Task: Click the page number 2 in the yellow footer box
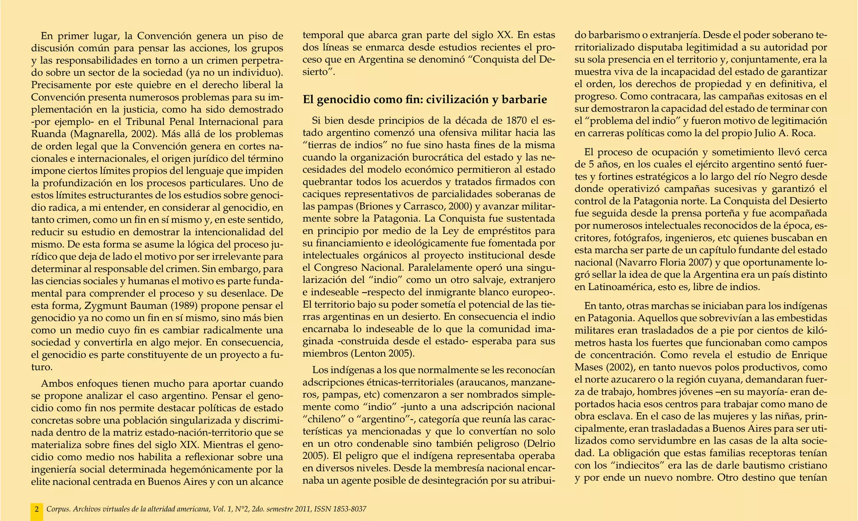point(36,509)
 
